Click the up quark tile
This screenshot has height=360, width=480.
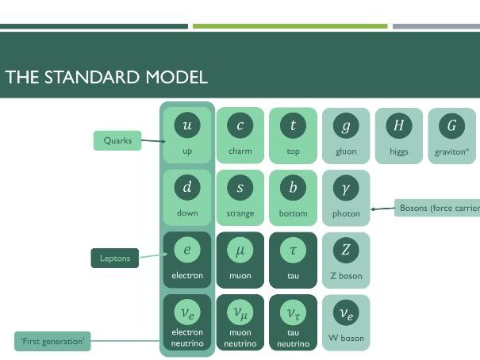pyautogui.click(x=187, y=135)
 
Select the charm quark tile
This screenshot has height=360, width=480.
pyautogui.click(x=240, y=135)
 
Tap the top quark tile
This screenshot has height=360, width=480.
pyautogui.click(x=293, y=135)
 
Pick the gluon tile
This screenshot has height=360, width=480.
pyautogui.click(x=346, y=135)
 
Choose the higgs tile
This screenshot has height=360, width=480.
pyautogui.click(x=399, y=135)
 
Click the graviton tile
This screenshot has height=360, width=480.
pyautogui.click(x=451, y=135)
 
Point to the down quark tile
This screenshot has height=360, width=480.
pyautogui.click(x=187, y=197)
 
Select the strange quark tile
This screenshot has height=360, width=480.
pyautogui.click(x=240, y=197)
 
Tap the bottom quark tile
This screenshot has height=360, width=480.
pyautogui.click(x=293, y=197)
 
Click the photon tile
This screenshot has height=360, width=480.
pyautogui.click(x=346, y=197)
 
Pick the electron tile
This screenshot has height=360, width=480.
pyautogui.click(x=187, y=260)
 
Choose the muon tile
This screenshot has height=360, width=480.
pyautogui.click(x=240, y=260)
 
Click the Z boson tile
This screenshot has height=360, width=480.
pyautogui.click(x=346, y=260)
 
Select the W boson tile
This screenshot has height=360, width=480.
pyautogui.click(x=346, y=322)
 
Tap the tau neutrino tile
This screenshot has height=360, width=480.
pyautogui.click(x=293, y=322)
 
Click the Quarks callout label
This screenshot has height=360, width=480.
pyautogui.click(x=117, y=141)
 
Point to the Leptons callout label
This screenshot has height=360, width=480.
pyautogui.click(x=114, y=258)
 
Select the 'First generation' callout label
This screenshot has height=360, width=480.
pyautogui.click(x=53, y=342)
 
